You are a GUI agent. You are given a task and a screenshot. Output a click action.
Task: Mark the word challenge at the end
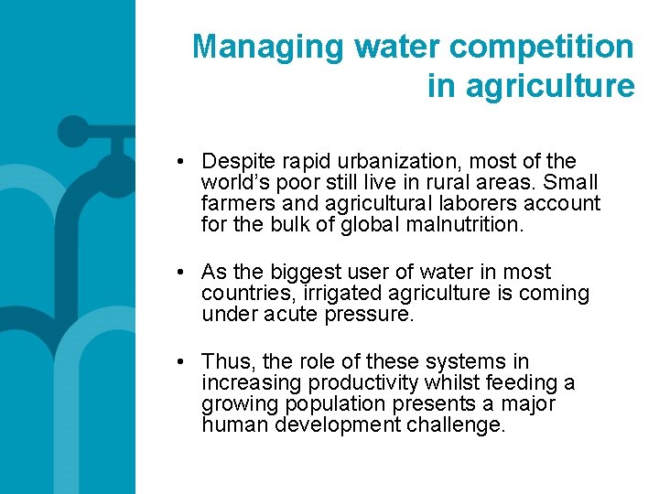coord(457,425)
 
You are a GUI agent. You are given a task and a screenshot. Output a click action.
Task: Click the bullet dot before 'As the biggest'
coord(184,273)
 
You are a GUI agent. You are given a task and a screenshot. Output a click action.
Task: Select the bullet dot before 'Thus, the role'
coord(184,362)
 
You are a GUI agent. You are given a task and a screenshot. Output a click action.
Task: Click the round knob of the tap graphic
coord(73,132)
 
